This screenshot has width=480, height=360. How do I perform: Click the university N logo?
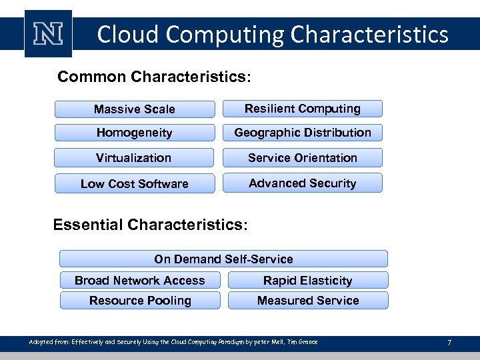tap(48, 34)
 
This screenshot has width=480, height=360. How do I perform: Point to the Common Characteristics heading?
tap(154, 77)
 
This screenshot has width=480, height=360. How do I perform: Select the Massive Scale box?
tap(135, 109)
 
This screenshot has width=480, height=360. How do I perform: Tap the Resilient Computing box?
tap(303, 109)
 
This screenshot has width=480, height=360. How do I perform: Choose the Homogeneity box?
tap(135, 133)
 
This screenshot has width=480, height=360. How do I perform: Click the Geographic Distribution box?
tap(303, 133)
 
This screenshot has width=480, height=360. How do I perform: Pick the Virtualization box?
tap(134, 158)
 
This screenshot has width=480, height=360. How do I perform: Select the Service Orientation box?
tap(303, 158)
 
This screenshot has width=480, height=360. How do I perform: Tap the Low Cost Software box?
tap(135, 183)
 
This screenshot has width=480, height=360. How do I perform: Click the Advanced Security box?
tap(303, 183)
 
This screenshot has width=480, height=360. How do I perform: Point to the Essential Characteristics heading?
tap(150, 225)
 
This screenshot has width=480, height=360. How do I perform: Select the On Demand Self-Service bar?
tap(223, 259)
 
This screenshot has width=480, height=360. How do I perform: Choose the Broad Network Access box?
tap(140, 281)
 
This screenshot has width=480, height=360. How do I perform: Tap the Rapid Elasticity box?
tap(308, 281)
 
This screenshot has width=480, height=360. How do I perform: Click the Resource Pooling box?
tap(140, 301)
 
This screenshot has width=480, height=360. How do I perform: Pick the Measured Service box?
tap(308, 301)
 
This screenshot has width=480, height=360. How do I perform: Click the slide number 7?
tap(449, 343)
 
